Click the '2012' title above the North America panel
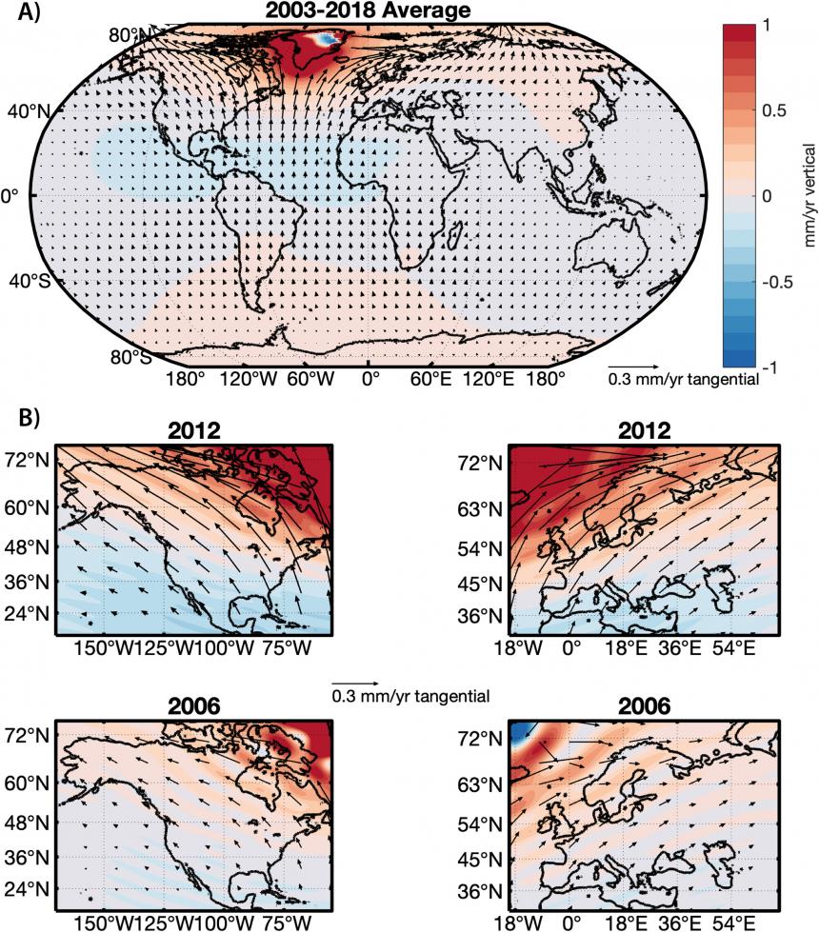coord(194,430)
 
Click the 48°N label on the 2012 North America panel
coord(29,547)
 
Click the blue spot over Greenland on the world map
coord(326,39)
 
